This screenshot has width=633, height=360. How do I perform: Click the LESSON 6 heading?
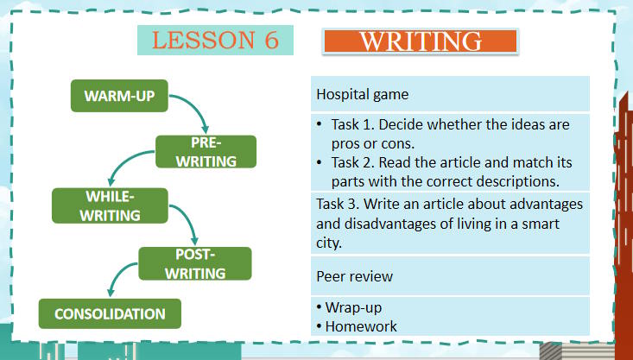click(215, 40)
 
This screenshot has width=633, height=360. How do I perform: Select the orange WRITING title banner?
click(420, 41)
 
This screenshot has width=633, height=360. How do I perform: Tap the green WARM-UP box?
click(119, 96)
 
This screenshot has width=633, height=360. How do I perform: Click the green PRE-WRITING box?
click(206, 151)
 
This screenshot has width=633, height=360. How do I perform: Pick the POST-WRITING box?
click(195, 263)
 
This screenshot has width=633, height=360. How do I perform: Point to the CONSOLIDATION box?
click(110, 313)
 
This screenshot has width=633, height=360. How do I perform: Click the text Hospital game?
click(363, 94)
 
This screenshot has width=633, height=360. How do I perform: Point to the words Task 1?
click(353, 124)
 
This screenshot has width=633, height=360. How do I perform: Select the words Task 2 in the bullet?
click(353, 162)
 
